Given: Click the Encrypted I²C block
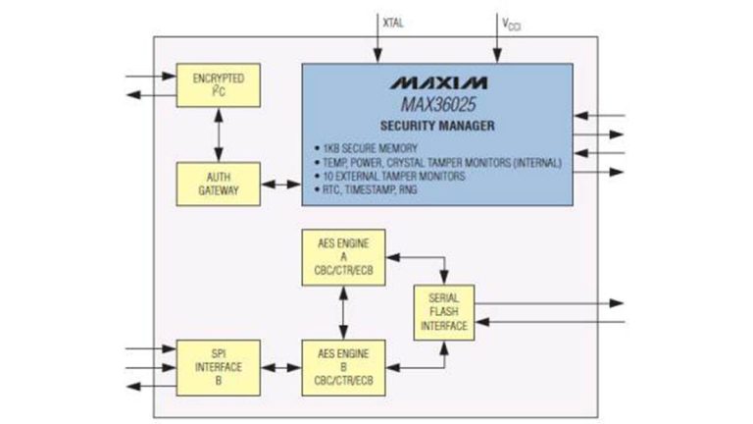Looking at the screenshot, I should (218, 84).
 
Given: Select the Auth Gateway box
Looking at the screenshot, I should (218, 184).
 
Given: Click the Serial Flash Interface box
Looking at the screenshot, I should (444, 312).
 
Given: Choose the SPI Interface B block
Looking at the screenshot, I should (218, 367).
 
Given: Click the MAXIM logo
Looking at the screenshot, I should (436, 82).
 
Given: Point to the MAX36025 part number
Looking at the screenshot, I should (436, 104).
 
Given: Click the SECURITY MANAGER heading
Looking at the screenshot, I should (436, 127).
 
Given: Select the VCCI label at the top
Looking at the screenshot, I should (511, 21).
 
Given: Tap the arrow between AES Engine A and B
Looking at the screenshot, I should (341, 312).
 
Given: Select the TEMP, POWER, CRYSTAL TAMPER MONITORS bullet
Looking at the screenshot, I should (432, 163).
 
